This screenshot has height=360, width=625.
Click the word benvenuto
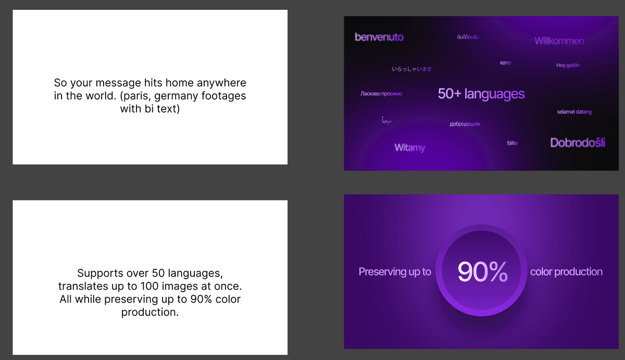coord(379,37)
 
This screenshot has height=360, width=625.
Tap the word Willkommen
coord(559,41)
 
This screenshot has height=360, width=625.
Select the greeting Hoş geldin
coord(568,65)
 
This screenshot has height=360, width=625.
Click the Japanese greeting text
coord(411,69)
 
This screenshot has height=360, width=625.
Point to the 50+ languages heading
coord(481,94)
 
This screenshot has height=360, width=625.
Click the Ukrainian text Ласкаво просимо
coord(381,94)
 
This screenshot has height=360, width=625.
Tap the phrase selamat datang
coord(574,111)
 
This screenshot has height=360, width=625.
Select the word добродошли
coord(465,124)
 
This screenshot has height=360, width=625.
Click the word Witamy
coord(409,147)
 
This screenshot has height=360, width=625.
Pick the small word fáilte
coord(512,143)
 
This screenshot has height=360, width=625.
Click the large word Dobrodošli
coord(577,143)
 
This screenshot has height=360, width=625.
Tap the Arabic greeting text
coord(386,121)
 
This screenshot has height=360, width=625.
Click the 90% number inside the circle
coord(482,272)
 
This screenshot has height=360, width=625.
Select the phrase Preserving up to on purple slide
coord(395,271)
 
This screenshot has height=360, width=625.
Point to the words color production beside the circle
coord(566,271)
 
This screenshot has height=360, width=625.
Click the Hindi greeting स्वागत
coord(505,63)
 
